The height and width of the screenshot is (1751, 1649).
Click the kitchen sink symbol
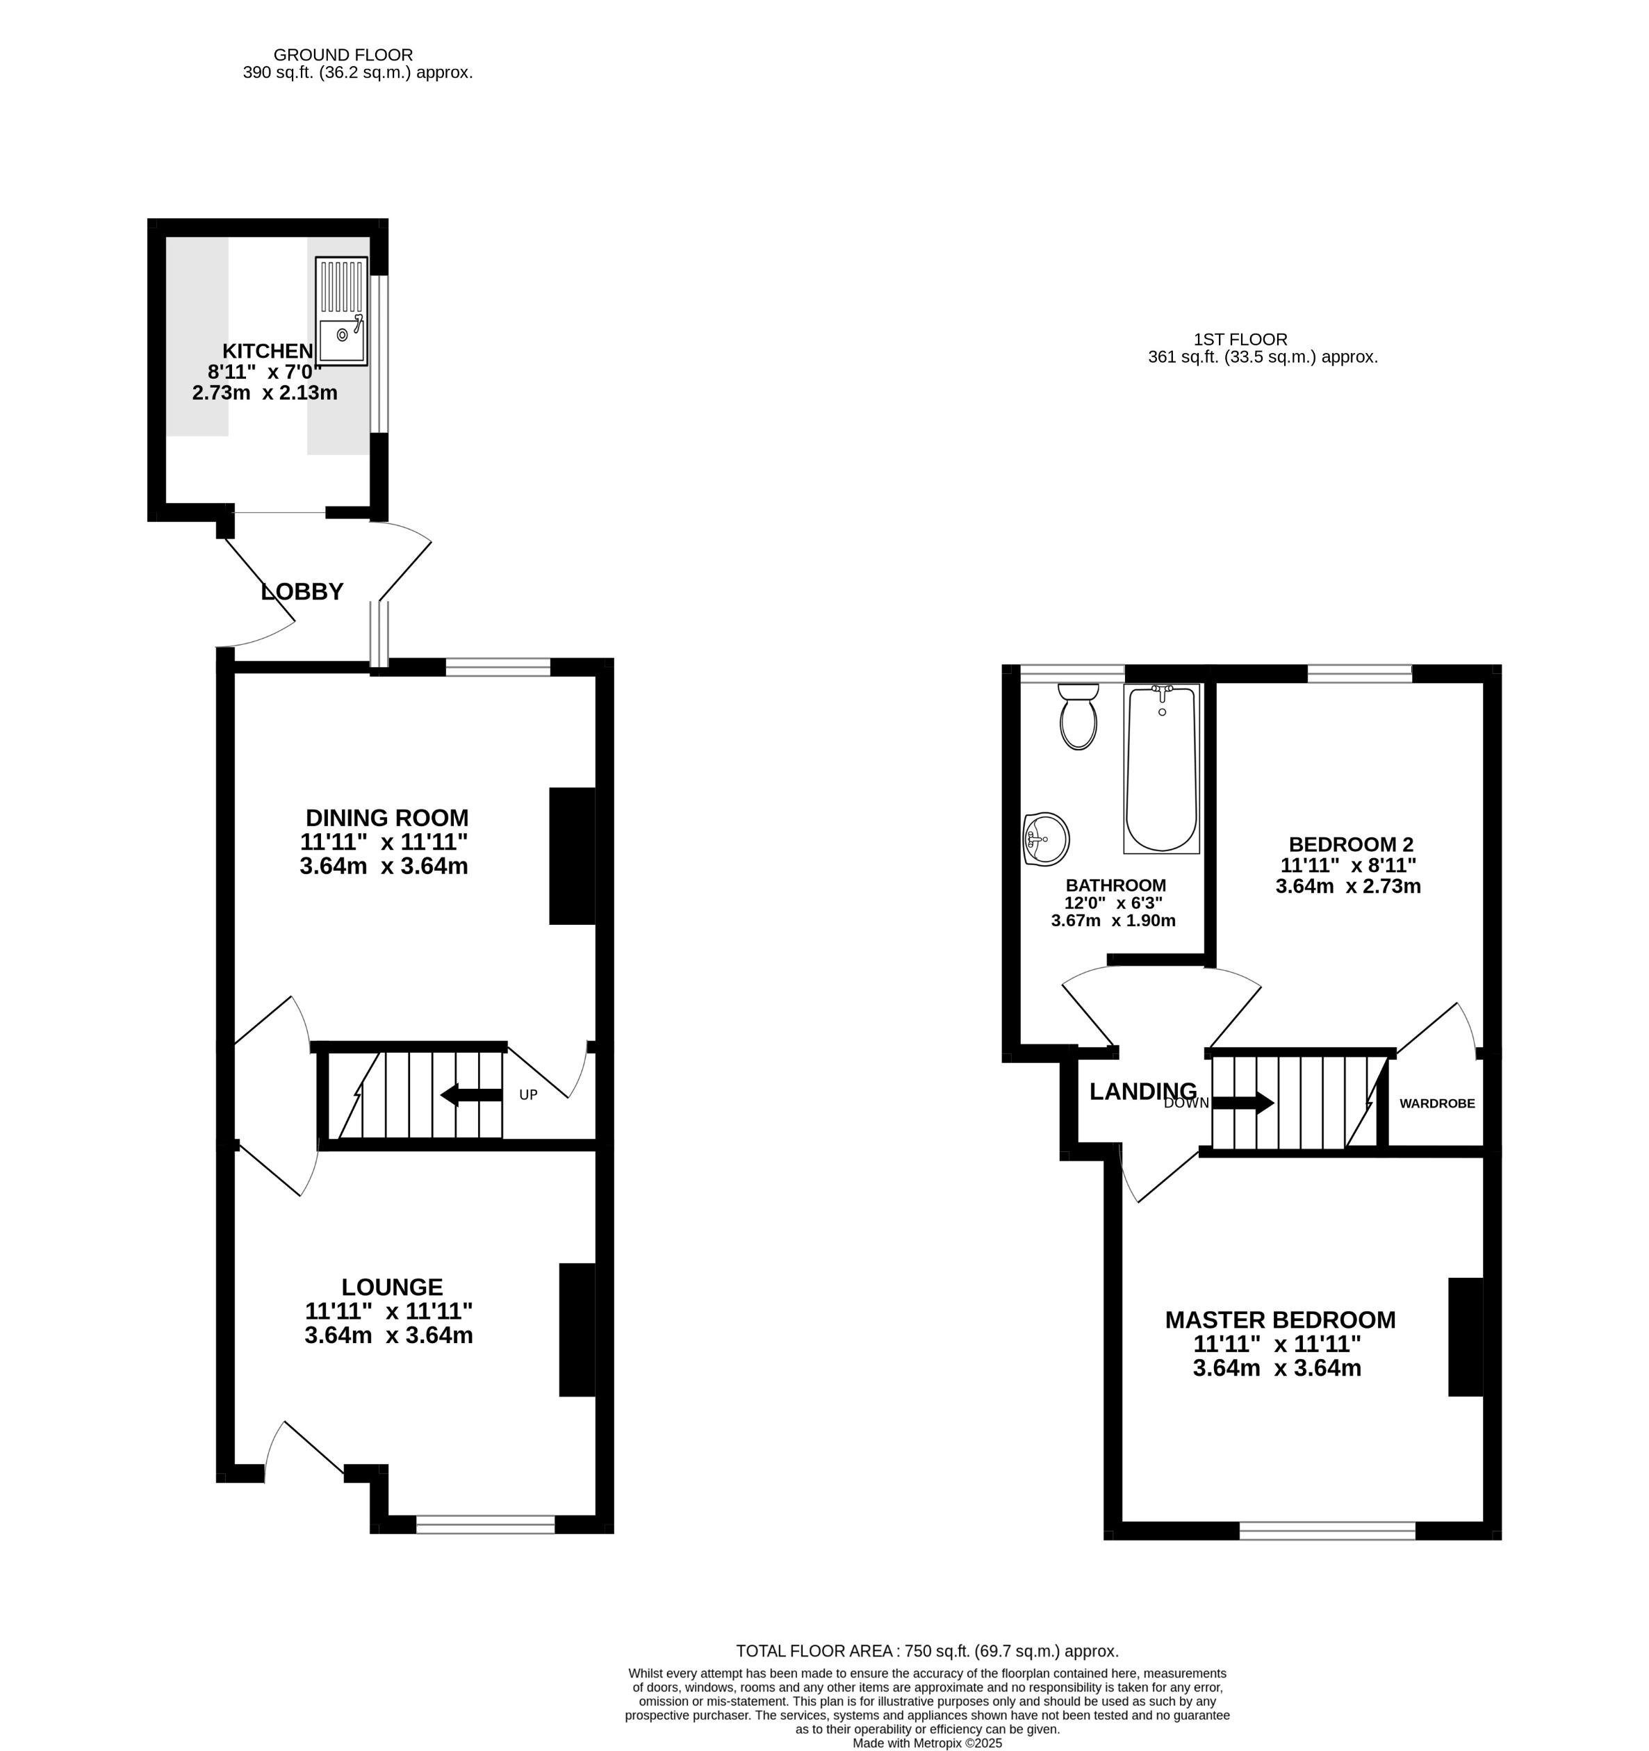[x=341, y=312]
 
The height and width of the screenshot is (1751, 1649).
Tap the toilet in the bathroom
[x=1078, y=716]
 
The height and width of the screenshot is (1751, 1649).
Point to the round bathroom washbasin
[x=1047, y=839]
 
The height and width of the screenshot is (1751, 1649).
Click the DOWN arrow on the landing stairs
[x=1243, y=1102]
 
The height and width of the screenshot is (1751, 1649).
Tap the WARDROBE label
[x=1437, y=1103]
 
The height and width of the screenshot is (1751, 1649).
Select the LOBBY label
[x=302, y=592]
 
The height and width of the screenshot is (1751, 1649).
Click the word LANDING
[x=1142, y=1092]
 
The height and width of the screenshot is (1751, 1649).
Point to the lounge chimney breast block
[x=577, y=1329]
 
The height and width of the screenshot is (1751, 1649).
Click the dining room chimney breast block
[x=572, y=855]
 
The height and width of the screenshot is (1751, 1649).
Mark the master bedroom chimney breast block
[x=1466, y=1336]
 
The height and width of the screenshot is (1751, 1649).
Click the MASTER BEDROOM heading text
[x=1280, y=1320]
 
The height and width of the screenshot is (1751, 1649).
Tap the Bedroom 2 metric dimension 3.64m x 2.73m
[x=1347, y=886]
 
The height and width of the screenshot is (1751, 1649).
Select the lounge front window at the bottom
[x=485, y=1524]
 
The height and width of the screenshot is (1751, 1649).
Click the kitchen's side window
[x=379, y=354]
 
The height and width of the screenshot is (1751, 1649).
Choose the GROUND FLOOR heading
[x=343, y=55]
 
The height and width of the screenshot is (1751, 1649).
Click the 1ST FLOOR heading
[x=1240, y=339]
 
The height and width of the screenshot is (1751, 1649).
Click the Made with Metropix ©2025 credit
[x=927, y=1743]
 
